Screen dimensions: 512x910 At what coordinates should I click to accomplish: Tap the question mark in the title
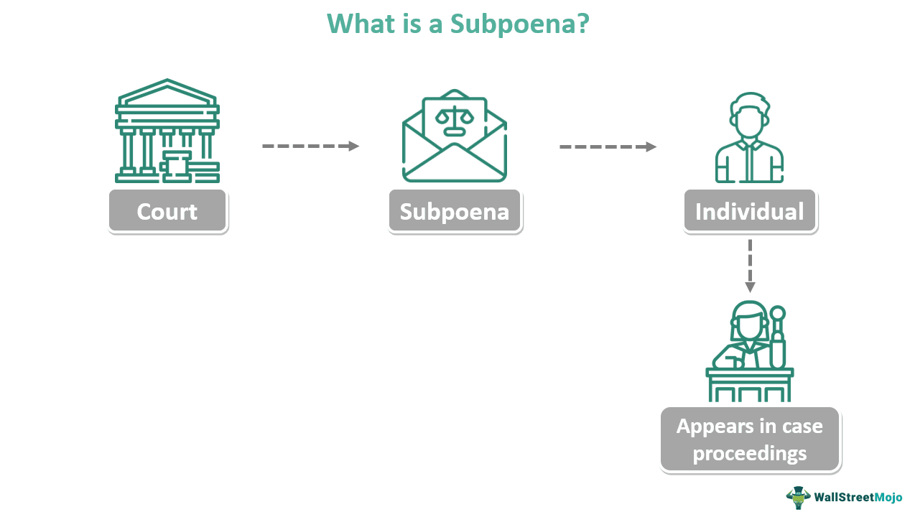pos(582,24)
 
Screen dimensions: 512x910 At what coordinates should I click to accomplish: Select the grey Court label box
pos(167,211)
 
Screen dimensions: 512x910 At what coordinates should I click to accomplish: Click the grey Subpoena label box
pos(455,211)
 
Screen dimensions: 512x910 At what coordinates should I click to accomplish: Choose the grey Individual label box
pos(750,211)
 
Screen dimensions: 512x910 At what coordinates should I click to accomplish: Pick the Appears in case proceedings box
pos(749,439)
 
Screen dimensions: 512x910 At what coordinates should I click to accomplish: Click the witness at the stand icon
pos(749,352)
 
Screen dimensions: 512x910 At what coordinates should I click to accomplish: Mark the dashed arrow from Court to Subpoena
pos(310,146)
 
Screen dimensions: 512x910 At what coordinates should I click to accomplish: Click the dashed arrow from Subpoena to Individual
pos(608,146)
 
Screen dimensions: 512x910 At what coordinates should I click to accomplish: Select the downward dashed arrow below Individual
pos(750,265)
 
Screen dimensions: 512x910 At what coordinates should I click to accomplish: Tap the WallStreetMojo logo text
pos(857,496)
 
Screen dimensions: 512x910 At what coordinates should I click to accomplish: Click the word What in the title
pos(358,24)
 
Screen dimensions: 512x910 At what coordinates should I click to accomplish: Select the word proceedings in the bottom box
pos(749,454)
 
